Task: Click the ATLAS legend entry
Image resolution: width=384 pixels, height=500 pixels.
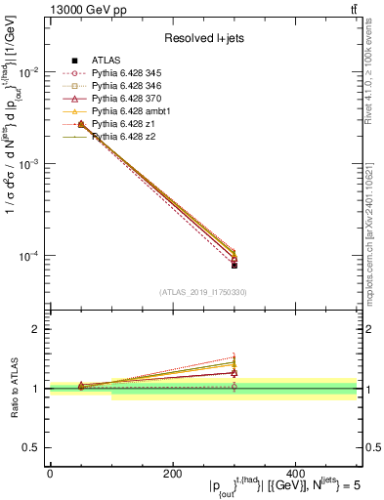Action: tap(105, 61)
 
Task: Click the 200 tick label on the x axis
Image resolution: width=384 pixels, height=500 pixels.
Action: tap(172, 473)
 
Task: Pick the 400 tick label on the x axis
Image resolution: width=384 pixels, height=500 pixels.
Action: tap(295, 473)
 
